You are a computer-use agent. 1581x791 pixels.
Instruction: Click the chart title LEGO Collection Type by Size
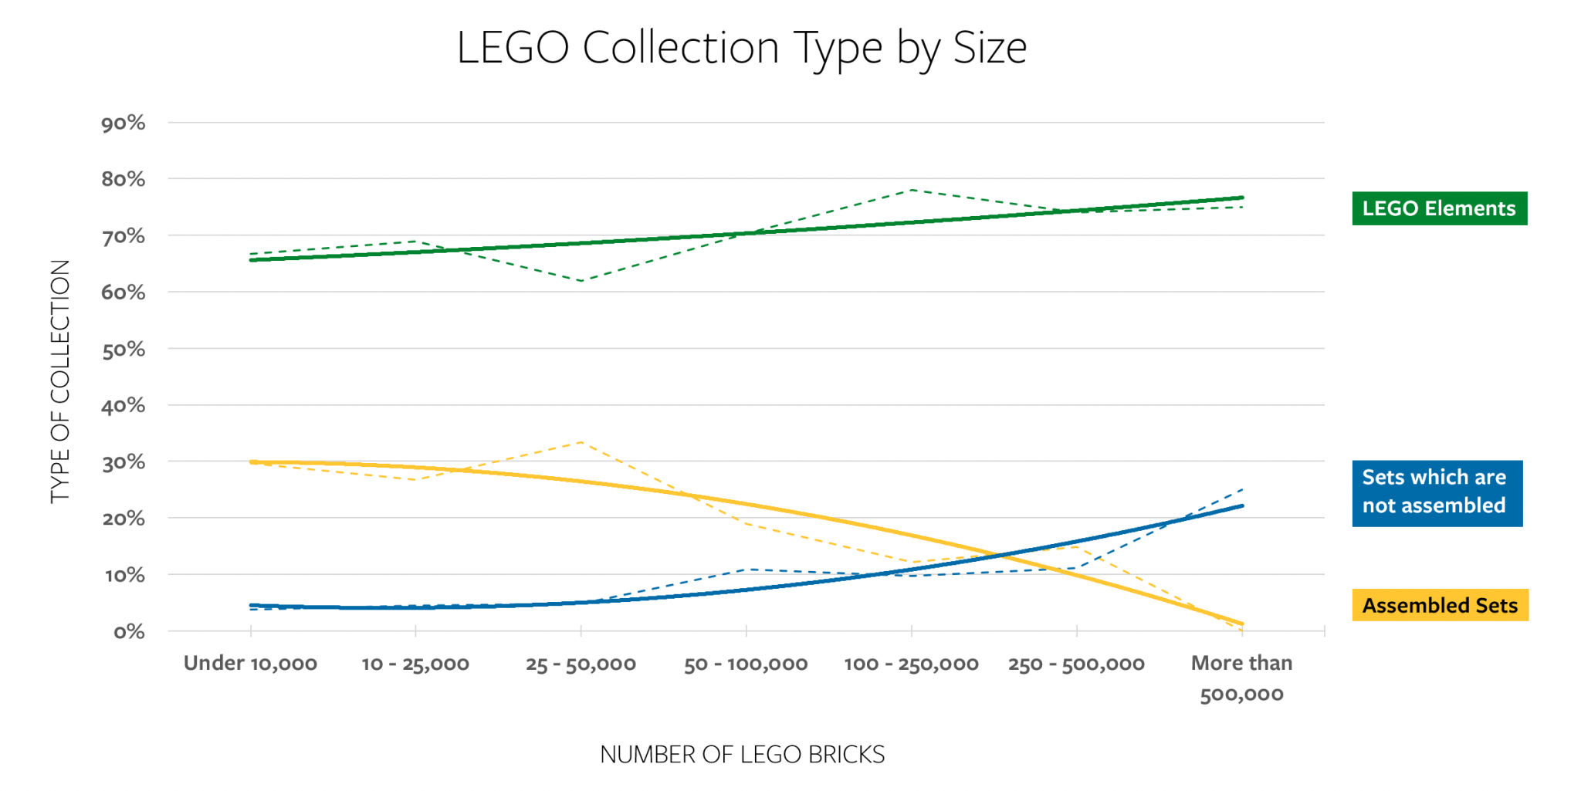pyautogui.click(x=741, y=48)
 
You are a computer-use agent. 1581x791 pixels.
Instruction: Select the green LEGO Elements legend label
pyautogui.click(x=1439, y=208)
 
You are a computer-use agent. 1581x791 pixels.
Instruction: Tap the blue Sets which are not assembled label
pyautogui.click(x=1437, y=492)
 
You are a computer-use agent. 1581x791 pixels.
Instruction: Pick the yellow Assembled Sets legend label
pyautogui.click(x=1440, y=605)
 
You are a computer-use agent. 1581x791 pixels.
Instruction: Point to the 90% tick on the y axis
pyautogui.click(x=124, y=123)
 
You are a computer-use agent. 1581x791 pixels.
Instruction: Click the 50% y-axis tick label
pyautogui.click(x=124, y=350)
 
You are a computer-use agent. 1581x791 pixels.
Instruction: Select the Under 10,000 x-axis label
pyautogui.click(x=250, y=664)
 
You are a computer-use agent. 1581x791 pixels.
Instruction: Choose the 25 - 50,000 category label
pyautogui.click(x=581, y=664)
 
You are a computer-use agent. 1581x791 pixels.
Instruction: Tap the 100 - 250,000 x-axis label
pyautogui.click(x=911, y=664)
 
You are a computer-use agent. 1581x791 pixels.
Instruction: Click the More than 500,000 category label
pyautogui.click(x=1241, y=678)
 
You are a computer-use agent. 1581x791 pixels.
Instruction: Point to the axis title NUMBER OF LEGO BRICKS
pyautogui.click(x=742, y=754)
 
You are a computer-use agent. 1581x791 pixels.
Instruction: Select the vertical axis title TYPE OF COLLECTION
pyautogui.click(x=60, y=381)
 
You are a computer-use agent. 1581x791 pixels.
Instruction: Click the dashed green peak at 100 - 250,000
pyautogui.click(x=912, y=189)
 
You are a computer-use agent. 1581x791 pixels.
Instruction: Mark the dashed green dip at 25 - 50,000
pyautogui.click(x=581, y=281)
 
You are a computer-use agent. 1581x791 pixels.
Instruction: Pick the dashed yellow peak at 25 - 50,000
pyautogui.click(x=581, y=442)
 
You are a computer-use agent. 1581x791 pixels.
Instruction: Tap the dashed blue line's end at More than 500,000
pyautogui.click(x=1242, y=489)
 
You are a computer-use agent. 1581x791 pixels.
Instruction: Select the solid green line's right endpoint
pyautogui.click(x=1242, y=198)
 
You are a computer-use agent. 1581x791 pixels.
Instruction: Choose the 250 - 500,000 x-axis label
pyautogui.click(x=1076, y=664)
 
